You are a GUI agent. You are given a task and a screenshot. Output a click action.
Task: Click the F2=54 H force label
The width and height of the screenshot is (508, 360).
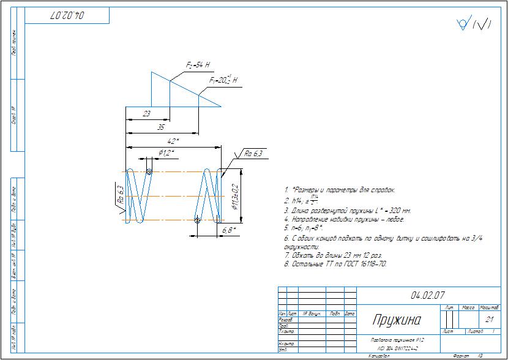click(198, 64)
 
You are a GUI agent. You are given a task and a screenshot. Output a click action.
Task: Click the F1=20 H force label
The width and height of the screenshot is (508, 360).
click(223, 80)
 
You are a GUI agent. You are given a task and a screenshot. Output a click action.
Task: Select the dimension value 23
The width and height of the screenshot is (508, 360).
click(147, 114)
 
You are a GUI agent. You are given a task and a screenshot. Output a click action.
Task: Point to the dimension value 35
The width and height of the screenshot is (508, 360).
click(161, 127)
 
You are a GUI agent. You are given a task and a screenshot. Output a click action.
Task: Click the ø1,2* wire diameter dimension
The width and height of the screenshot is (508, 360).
click(166, 152)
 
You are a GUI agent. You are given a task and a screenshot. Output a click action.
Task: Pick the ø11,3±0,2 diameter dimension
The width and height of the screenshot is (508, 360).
click(236, 197)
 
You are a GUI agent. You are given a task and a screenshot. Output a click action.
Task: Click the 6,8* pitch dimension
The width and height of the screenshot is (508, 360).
click(229, 230)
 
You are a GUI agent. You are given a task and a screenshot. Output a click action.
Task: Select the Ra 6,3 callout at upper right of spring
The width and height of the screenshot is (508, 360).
click(253, 154)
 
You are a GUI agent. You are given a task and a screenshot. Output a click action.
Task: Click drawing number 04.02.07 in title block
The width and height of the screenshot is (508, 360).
click(428, 295)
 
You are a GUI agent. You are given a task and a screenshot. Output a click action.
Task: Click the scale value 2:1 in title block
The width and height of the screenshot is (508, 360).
click(489, 319)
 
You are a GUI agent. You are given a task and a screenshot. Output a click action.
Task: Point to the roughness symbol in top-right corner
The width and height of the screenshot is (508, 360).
click(474, 24)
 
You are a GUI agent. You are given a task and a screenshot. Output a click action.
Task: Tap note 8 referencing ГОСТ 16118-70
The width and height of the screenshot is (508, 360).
click(335, 264)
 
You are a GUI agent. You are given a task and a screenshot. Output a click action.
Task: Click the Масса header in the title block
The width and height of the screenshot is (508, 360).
click(468, 307)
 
